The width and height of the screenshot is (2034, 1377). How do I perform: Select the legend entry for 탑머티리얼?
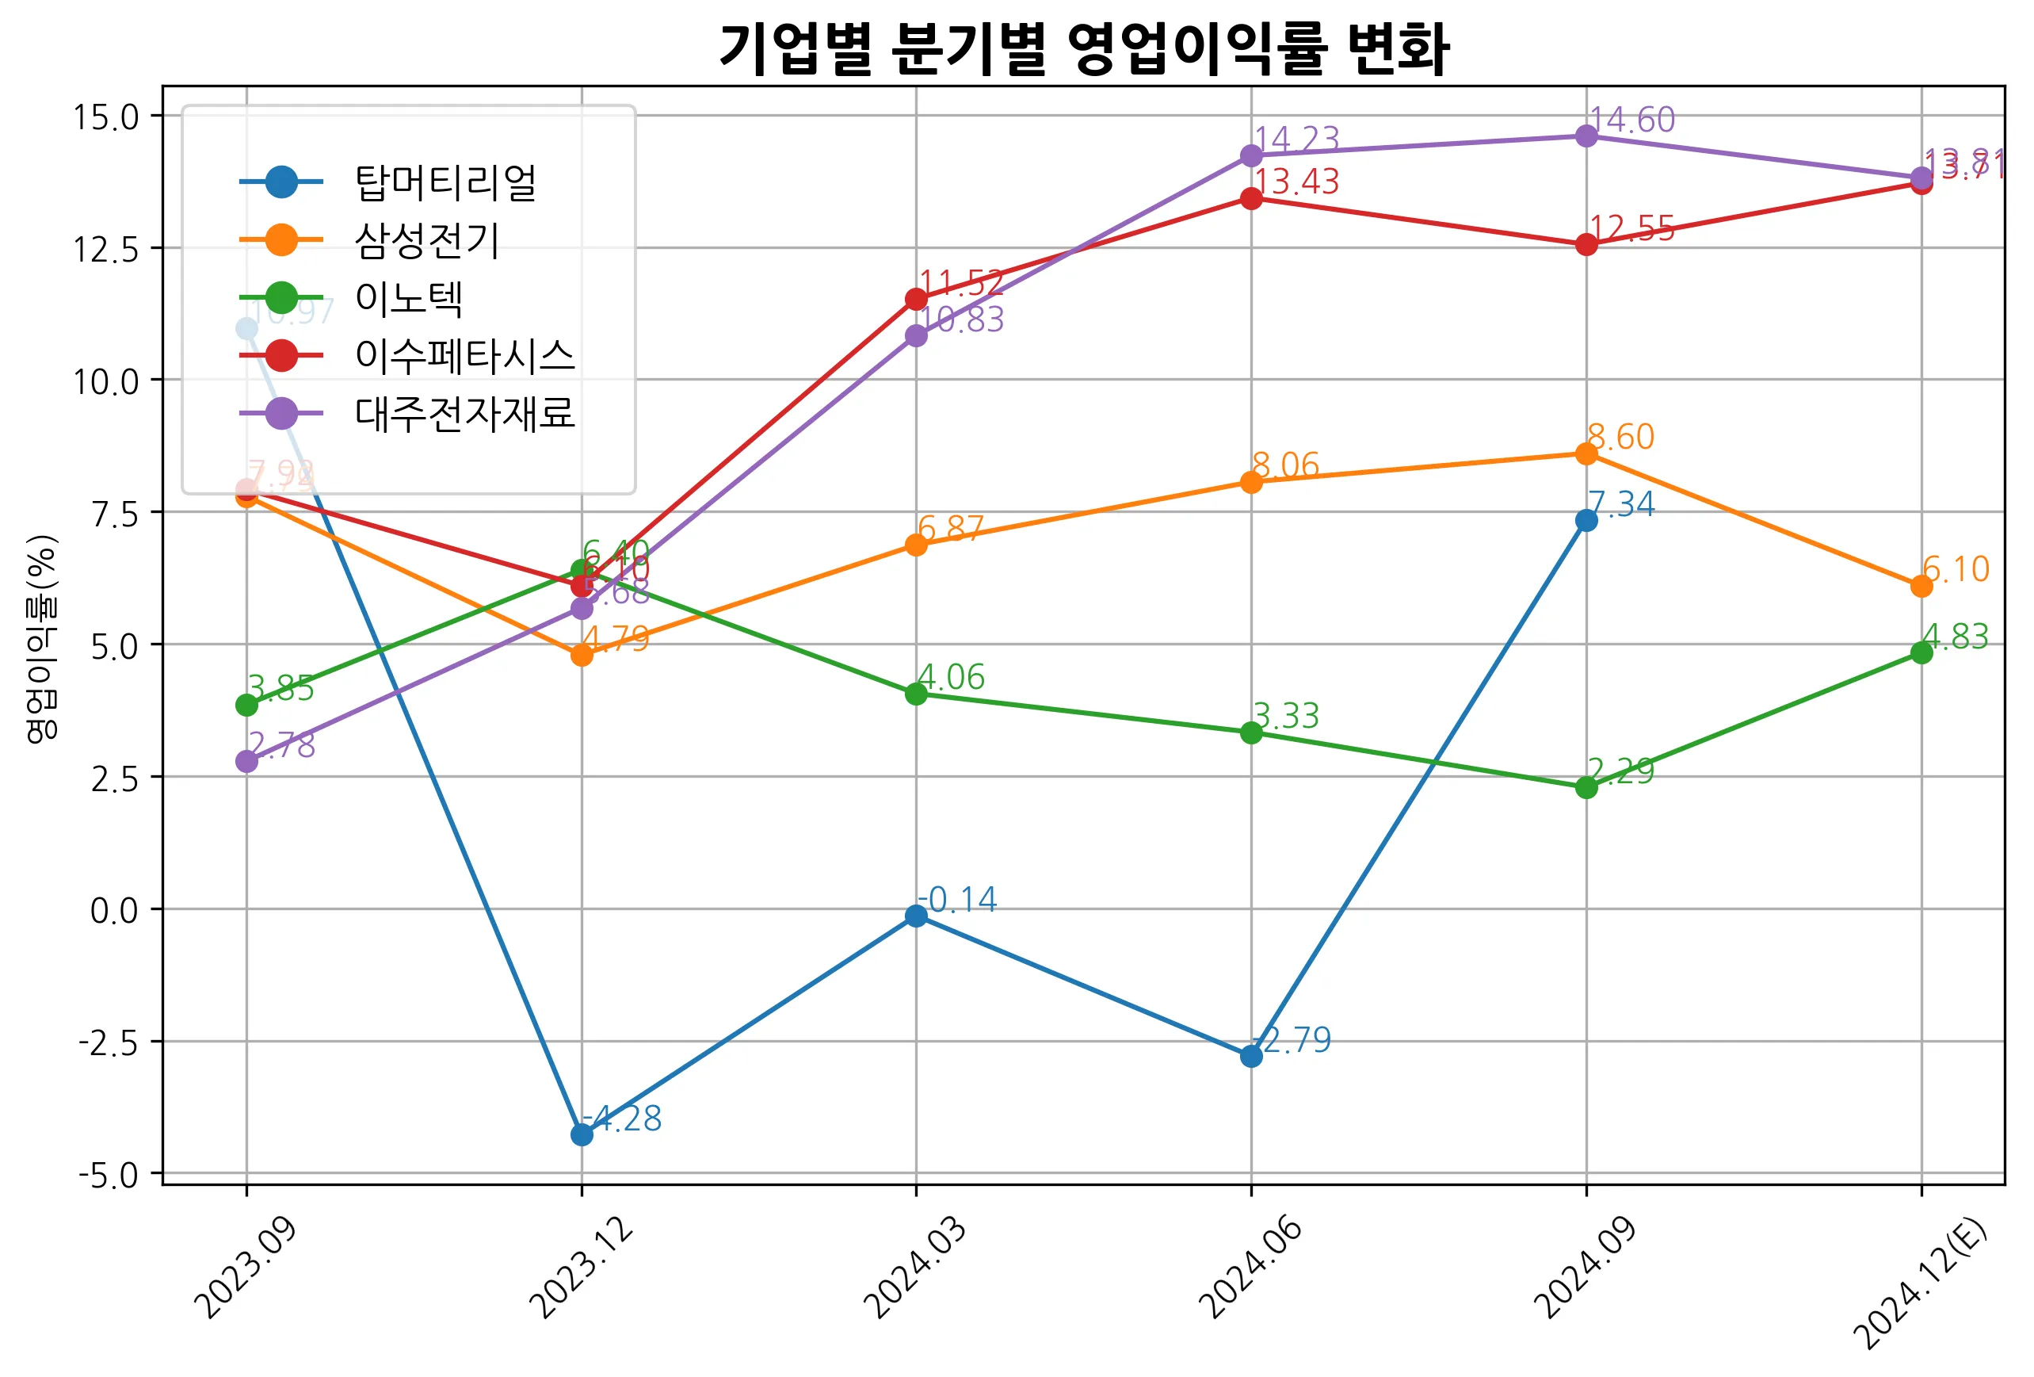445,182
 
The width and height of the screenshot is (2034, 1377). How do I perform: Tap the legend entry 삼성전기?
426,240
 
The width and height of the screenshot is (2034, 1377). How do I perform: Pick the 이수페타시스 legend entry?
464,355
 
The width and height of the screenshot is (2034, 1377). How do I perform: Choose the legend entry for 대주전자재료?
464,413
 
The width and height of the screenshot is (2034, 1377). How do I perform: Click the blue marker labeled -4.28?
581,1134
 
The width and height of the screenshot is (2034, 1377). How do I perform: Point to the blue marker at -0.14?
915,916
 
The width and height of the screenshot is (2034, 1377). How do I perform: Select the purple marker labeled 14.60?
1586,136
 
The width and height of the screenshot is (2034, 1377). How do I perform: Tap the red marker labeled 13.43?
1250,198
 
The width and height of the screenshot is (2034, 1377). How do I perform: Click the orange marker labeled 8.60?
1586,453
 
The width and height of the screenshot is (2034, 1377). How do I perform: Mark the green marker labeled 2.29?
1586,787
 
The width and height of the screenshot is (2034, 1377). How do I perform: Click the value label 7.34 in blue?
1621,504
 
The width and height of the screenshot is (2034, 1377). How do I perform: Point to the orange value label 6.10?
1956,570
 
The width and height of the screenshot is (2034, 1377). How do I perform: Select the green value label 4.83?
1956,637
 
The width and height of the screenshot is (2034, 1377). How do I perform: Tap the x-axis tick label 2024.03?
915,1267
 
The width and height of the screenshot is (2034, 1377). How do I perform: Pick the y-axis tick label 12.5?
106,250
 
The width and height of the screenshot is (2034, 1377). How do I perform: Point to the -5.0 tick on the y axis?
109,1175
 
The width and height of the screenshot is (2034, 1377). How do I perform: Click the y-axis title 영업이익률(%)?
41,639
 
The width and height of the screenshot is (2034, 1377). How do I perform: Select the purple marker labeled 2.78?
246,762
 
